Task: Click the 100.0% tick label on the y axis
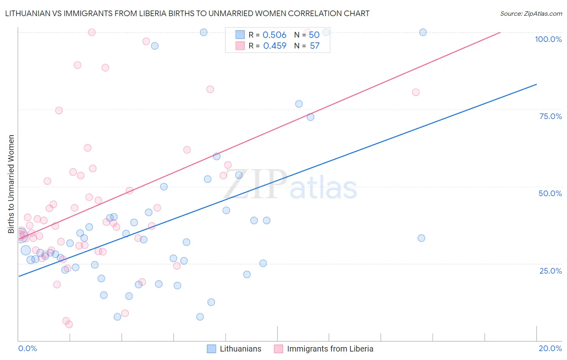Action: click(x=548, y=39)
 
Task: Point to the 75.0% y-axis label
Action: click(x=550, y=116)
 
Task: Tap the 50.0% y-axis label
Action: click(x=550, y=193)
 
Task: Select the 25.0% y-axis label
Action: click(x=550, y=271)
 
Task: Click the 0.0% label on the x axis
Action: click(x=27, y=348)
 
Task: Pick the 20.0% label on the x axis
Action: click(x=550, y=348)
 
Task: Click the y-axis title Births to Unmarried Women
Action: click(x=11, y=184)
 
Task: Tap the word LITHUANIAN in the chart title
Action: click(x=28, y=14)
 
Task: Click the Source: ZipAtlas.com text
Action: click(x=531, y=14)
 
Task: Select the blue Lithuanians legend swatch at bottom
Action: click(x=211, y=349)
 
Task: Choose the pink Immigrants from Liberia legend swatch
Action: click(x=278, y=349)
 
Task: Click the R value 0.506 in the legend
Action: click(x=274, y=35)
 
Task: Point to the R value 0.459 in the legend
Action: click(x=275, y=46)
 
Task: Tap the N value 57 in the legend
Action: click(x=315, y=46)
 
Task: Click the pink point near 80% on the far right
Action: click(x=416, y=92)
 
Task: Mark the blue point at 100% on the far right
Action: click(x=423, y=32)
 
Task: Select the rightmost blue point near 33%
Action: click(x=421, y=238)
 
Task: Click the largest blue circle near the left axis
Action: click(x=25, y=250)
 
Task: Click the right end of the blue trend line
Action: click(x=536, y=84)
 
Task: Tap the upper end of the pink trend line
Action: click(x=500, y=32)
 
